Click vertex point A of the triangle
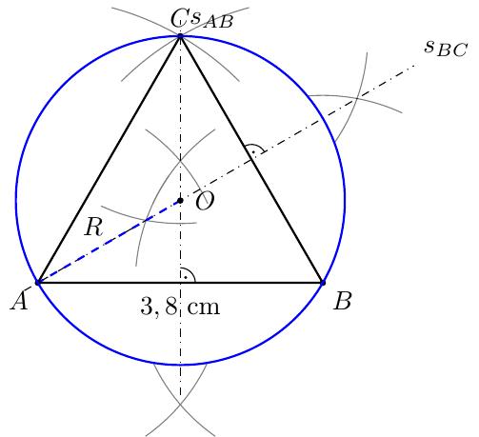point(38,282)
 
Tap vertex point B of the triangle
point(323,282)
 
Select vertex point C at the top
point(180,36)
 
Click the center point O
point(180,201)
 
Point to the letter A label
point(20,301)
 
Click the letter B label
point(343,301)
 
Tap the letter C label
point(180,19)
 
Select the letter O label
point(205,202)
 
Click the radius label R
point(93,227)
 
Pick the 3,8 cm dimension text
point(180,307)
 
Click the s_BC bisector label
point(446,49)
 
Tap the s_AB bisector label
point(211,20)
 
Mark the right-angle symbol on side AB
point(188,275)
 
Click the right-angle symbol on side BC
point(255,149)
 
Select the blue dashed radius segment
point(109,242)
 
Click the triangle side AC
point(109,159)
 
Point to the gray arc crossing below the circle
point(180,404)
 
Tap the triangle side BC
point(251,159)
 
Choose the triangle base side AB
point(180,282)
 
